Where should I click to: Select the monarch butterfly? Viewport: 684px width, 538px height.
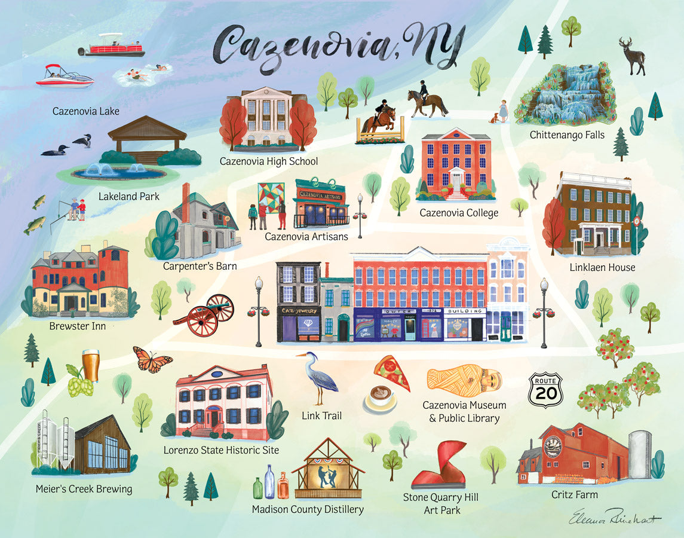click(152, 359)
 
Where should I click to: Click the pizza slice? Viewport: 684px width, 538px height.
click(392, 372)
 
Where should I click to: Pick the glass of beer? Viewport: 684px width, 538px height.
click(90, 365)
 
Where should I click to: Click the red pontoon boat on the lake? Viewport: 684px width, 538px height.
click(114, 46)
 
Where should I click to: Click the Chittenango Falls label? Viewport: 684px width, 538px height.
click(567, 135)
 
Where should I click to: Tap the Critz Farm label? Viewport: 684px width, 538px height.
click(574, 494)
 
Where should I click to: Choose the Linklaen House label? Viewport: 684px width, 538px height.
click(602, 267)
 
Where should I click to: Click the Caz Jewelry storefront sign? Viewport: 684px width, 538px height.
click(299, 311)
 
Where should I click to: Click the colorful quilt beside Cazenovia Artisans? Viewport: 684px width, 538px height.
click(271, 197)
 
